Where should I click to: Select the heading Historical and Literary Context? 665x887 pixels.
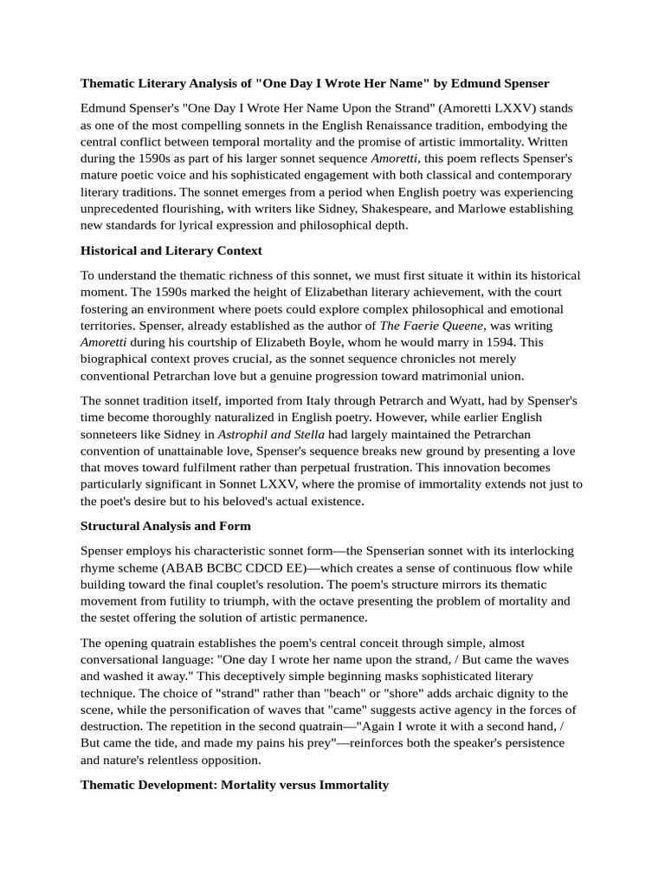[x=171, y=250]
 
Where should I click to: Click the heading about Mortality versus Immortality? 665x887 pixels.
[x=235, y=785]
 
